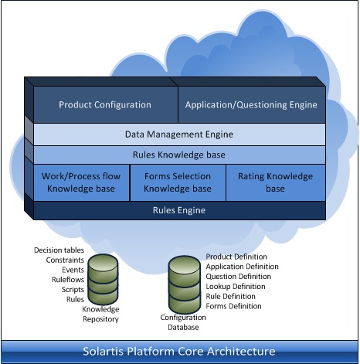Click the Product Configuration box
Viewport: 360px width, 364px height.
point(106,104)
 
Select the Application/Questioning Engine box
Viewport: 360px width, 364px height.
point(252,104)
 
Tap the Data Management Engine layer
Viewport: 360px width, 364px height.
point(179,134)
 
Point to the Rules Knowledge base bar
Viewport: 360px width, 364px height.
point(179,155)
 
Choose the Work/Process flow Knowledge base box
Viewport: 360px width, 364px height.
point(81,182)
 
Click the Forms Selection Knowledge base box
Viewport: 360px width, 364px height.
point(178,182)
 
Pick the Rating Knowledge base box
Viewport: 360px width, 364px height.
point(276,182)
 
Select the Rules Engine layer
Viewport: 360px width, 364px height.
point(179,210)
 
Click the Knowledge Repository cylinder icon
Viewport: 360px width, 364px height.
point(103,279)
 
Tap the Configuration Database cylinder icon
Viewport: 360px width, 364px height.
point(185,284)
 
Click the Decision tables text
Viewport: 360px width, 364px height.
point(59,250)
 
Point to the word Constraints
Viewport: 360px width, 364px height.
point(65,260)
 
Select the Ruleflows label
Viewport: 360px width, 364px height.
point(68,280)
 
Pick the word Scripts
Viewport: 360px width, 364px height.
point(73,290)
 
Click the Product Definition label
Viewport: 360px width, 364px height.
point(236,257)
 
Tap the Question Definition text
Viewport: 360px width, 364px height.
point(239,277)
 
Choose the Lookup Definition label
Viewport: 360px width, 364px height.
point(236,287)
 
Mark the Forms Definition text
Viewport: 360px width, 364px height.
point(233,306)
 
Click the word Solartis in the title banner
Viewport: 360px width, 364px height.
point(103,352)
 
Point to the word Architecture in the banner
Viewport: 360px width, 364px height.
point(241,352)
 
